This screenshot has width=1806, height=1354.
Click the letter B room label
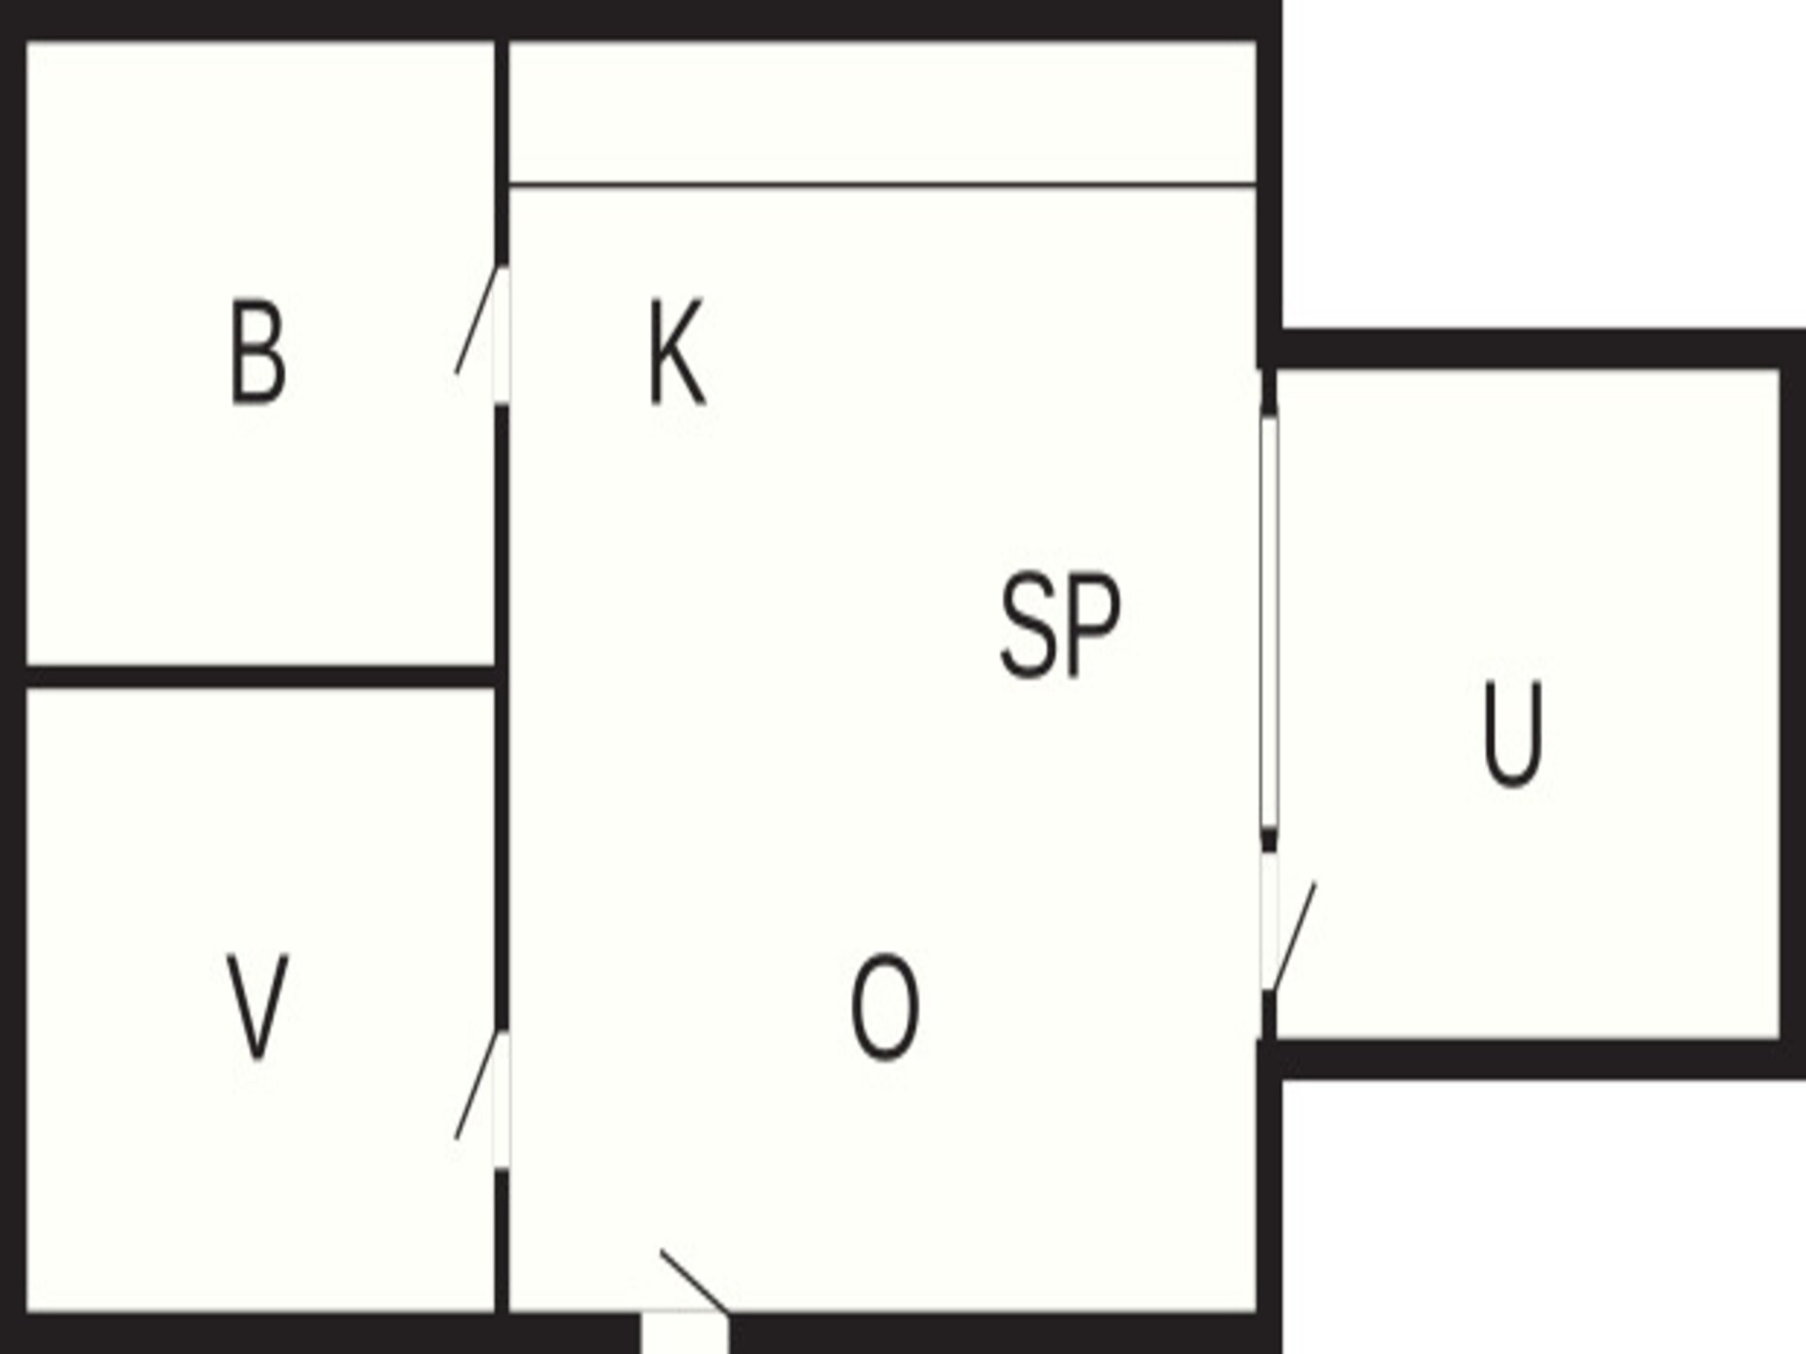(257, 353)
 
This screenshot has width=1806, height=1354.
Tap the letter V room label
(258, 1007)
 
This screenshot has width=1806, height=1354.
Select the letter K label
(676, 353)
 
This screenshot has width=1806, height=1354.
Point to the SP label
(1060, 625)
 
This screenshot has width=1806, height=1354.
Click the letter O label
(884, 1007)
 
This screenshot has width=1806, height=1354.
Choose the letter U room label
(1513, 734)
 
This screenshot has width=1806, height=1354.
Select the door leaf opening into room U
(1293, 937)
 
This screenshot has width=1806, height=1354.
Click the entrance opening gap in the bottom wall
(685, 1332)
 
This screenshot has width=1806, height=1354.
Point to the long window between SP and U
(1269, 623)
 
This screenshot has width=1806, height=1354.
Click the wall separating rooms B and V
(261, 676)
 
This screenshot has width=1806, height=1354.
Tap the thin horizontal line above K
(882, 184)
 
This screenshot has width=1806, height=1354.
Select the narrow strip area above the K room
(882, 111)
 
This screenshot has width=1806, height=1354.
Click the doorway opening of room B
(502, 337)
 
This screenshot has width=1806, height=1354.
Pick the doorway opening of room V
(502, 1101)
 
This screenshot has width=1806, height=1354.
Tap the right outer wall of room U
(1793, 704)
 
